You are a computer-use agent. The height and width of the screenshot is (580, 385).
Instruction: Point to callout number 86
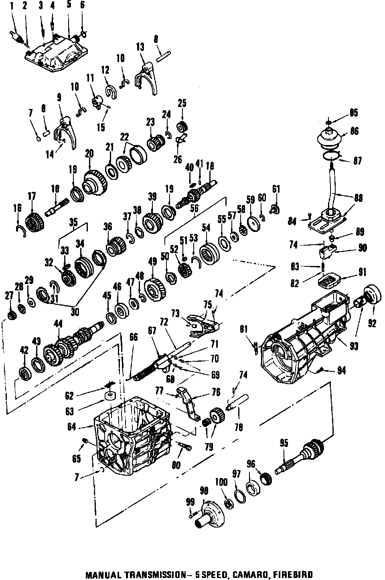click(x=354, y=131)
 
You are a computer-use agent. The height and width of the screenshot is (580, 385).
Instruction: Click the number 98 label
click(x=204, y=491)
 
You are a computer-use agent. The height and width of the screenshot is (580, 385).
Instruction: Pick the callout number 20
click(x=89, y=153)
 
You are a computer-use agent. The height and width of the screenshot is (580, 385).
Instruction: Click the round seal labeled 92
click(x=372, y=298)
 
